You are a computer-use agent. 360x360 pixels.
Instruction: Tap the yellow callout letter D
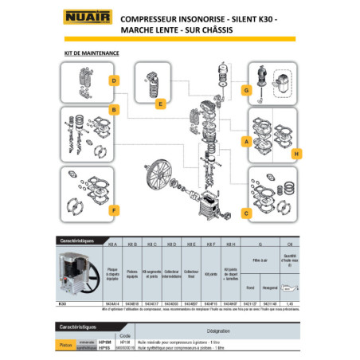(115, 80)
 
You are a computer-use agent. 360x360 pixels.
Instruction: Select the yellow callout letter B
(115, 111)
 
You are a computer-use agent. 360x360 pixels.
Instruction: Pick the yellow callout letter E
(160, 104)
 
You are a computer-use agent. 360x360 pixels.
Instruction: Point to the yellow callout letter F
(115, 209)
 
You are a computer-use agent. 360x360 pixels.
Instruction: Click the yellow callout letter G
(248, 91)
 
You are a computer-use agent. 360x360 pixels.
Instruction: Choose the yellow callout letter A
(247, 140)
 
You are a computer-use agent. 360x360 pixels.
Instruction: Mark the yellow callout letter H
(295, 154)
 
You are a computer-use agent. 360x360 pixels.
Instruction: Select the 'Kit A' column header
(112, 253)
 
